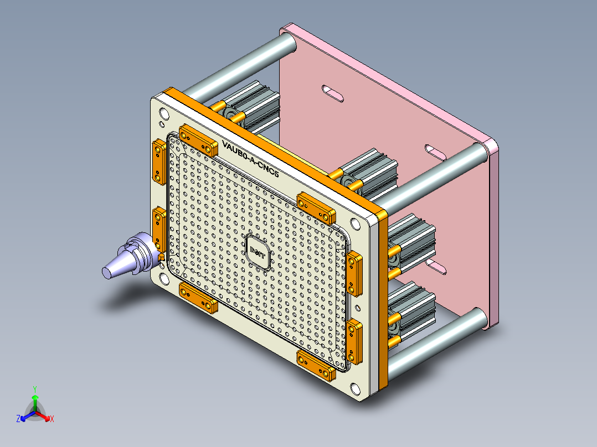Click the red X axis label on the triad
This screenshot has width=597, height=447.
pos(52,419)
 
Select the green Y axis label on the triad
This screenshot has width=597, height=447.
pos(34,388)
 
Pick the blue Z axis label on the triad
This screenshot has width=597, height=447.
pos(18,419)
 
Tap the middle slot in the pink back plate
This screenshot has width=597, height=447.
pos(435,152)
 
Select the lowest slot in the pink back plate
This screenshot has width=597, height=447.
pos(438,268)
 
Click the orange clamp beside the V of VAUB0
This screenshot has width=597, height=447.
pos(198,141)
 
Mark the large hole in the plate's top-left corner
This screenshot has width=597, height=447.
pos(164,114)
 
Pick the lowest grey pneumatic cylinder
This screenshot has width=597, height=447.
pos(413,313)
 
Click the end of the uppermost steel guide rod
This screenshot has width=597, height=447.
pos(287,43)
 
